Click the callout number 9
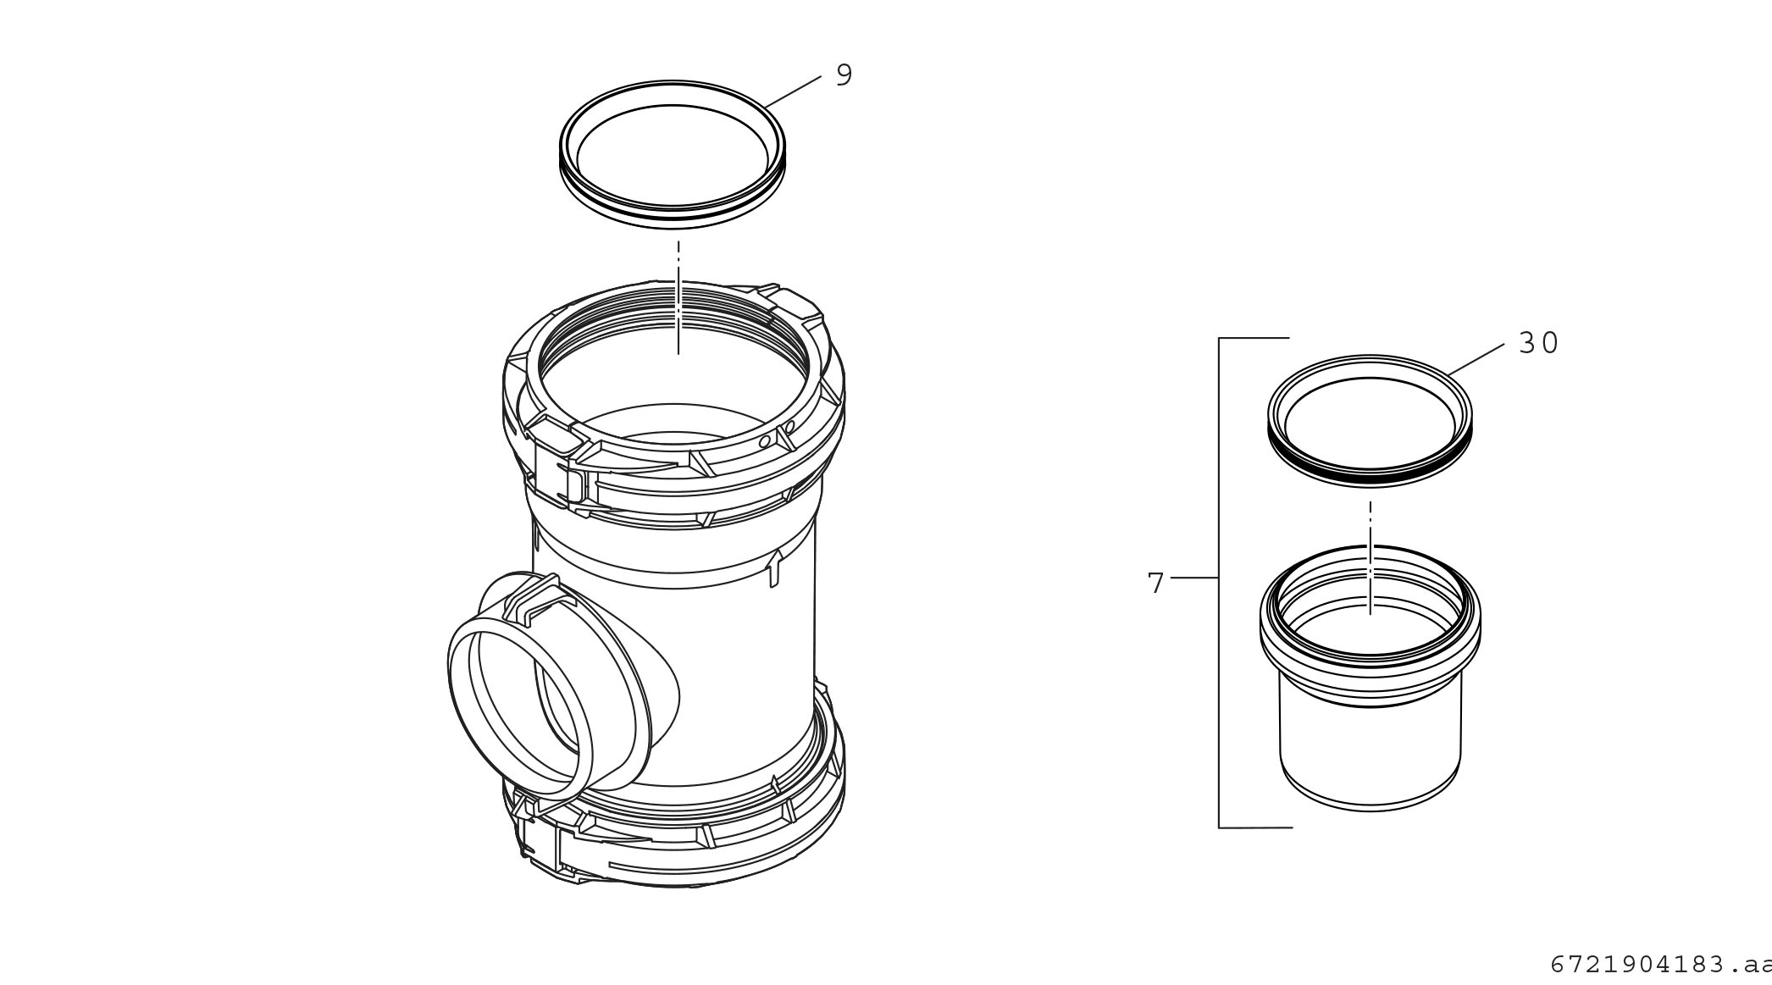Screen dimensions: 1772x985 844,75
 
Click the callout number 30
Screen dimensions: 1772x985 1538,343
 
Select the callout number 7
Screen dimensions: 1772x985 1156,583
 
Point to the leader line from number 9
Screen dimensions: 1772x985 793,91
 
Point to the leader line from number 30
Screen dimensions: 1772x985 1476,359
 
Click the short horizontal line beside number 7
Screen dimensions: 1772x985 1194,578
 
